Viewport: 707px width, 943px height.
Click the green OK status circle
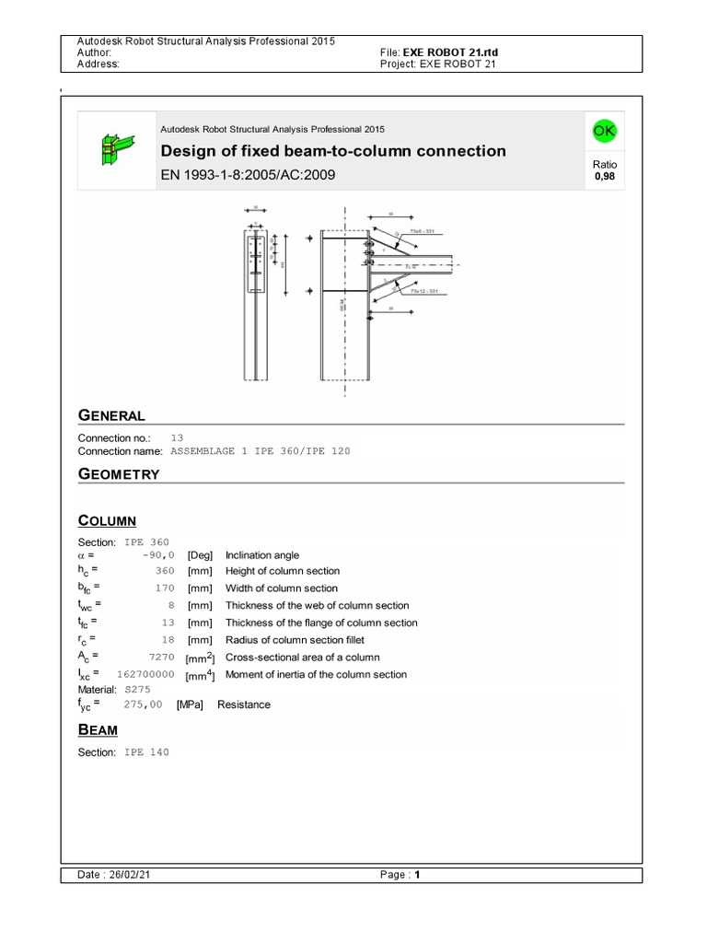604,132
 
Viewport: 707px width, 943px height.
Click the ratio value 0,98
604,176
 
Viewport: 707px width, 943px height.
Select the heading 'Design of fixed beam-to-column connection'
333,151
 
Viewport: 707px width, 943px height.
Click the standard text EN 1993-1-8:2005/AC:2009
248,175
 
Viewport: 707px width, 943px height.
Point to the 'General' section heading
111,415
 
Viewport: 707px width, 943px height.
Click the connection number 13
178,437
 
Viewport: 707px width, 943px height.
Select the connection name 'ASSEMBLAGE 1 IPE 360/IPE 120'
261,451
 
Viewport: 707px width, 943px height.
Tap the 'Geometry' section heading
119,474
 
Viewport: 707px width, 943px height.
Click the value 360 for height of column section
165,572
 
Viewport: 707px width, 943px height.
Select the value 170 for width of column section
165,588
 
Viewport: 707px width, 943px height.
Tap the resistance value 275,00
143,704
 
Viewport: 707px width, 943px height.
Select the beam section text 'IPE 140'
146,752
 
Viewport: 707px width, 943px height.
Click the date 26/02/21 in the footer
128,876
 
